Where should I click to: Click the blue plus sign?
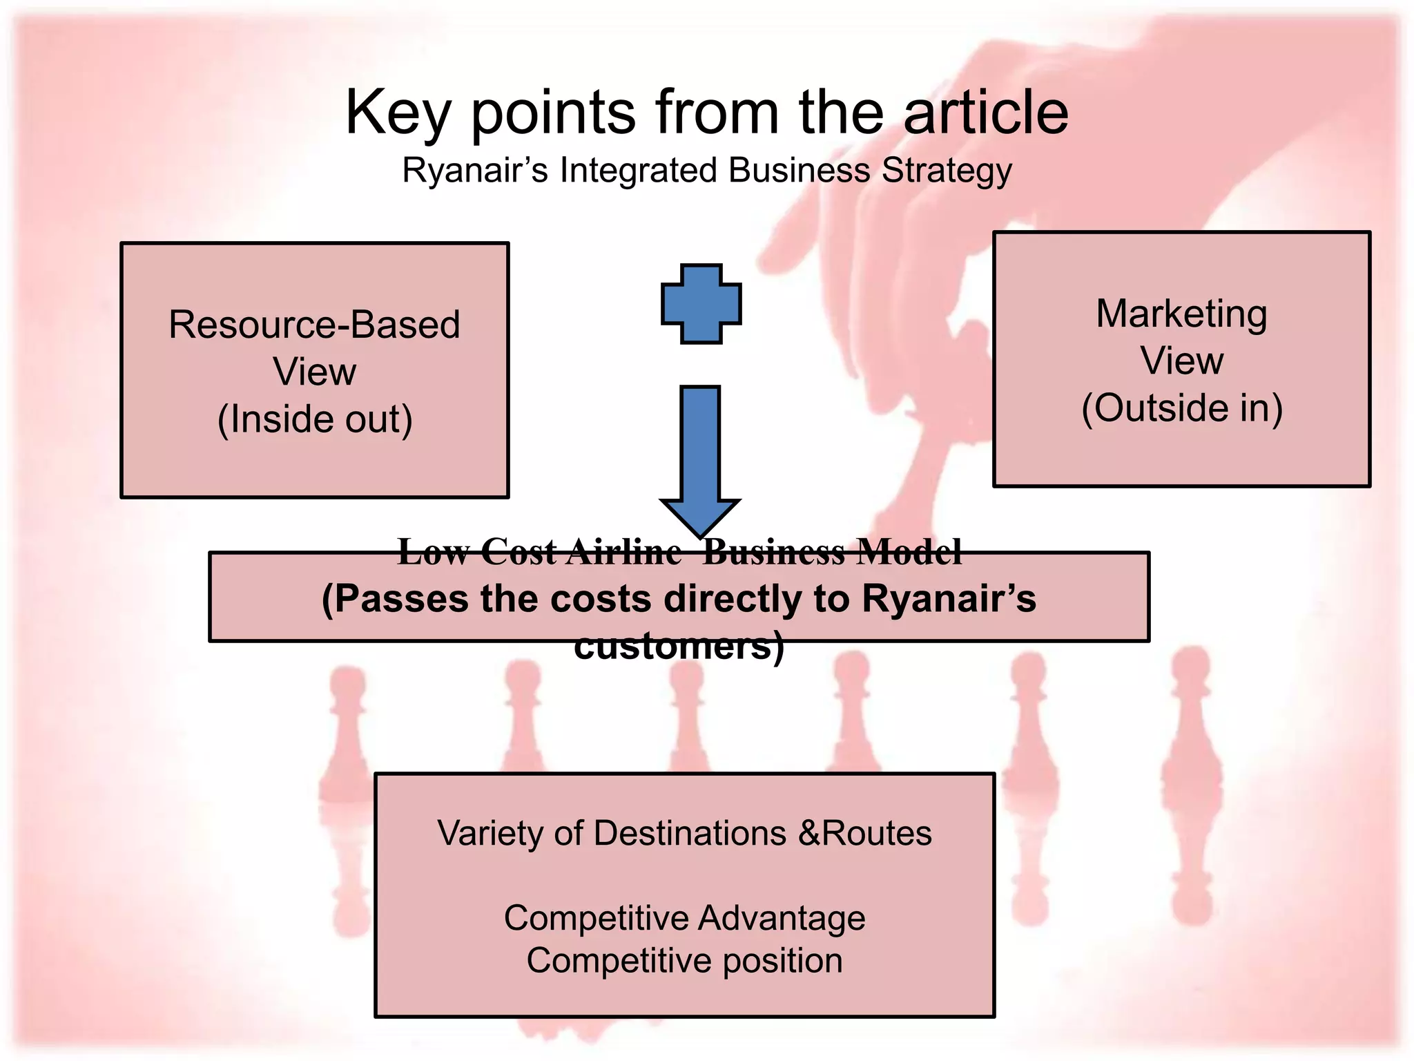click(x=701, y=303)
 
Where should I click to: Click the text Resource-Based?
click(x=314, y=324)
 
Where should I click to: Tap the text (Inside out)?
click(x=315, y=419)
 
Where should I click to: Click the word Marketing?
click(x=1181, y=314)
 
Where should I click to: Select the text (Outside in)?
click(x=1181, y=408)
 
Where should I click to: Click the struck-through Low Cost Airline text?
click(x=539, y=552)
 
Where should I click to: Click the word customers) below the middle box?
click(x=679, y=646)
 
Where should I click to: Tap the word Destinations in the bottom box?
click(x=690, y=833)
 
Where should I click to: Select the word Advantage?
click(x=782, y=918)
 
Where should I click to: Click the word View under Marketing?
click(x=1181, y=361)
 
